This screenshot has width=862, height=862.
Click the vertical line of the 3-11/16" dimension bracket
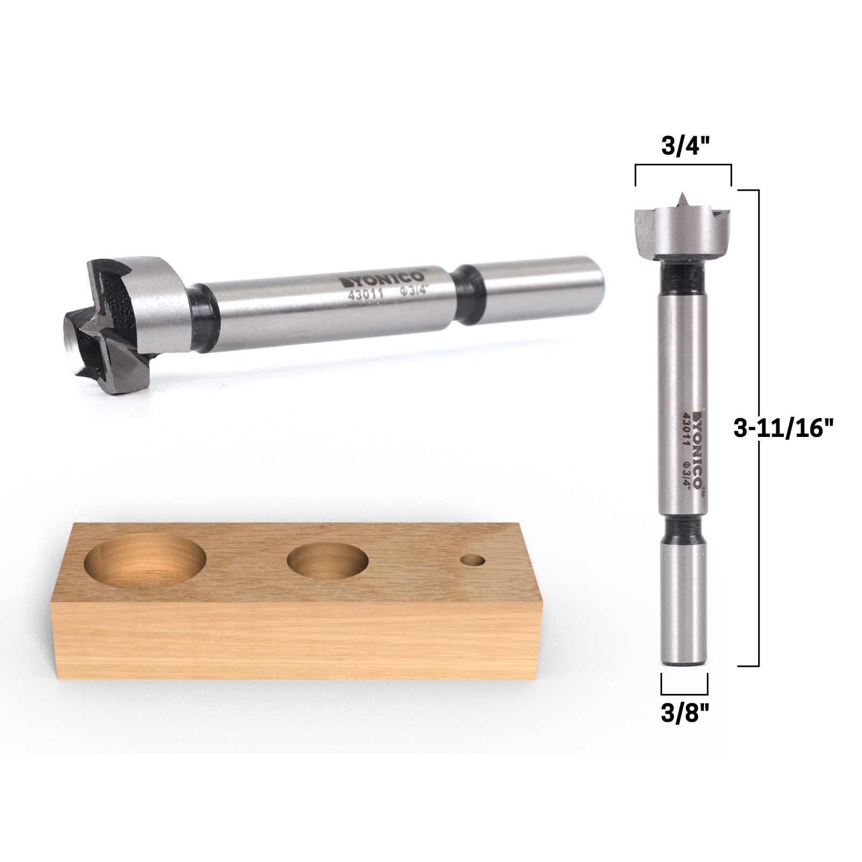[759, 428]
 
